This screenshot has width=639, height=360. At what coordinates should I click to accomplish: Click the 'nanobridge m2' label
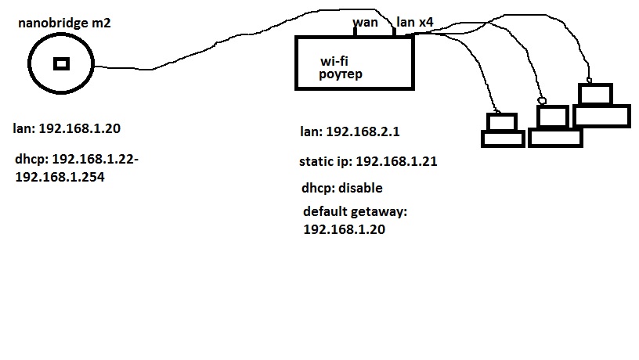coord(65,23)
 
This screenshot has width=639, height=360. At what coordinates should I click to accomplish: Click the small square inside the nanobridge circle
coord(60,64)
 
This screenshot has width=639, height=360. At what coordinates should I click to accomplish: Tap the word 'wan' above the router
coord(365,22)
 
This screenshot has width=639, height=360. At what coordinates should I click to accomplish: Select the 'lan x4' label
coord(415,22)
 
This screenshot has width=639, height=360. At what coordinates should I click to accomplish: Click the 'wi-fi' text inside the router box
coord(334,60)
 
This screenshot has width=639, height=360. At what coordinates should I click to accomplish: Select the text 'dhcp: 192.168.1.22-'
coord(77,160)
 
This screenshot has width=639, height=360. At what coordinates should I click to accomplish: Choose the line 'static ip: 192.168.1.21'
coord(368,162)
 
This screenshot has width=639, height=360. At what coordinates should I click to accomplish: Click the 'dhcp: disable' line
coord(342,189)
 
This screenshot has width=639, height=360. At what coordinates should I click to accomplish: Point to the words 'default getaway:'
coord(356,212)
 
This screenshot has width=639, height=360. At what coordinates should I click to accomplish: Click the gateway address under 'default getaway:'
coord(345,230)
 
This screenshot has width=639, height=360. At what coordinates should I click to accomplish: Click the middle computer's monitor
coord(552,117)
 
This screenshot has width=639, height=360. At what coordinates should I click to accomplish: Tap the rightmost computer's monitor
coord(594,94)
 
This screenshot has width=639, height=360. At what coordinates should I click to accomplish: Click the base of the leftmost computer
coord(502,139)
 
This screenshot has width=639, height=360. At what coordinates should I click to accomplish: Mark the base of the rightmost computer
coord(601,116)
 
